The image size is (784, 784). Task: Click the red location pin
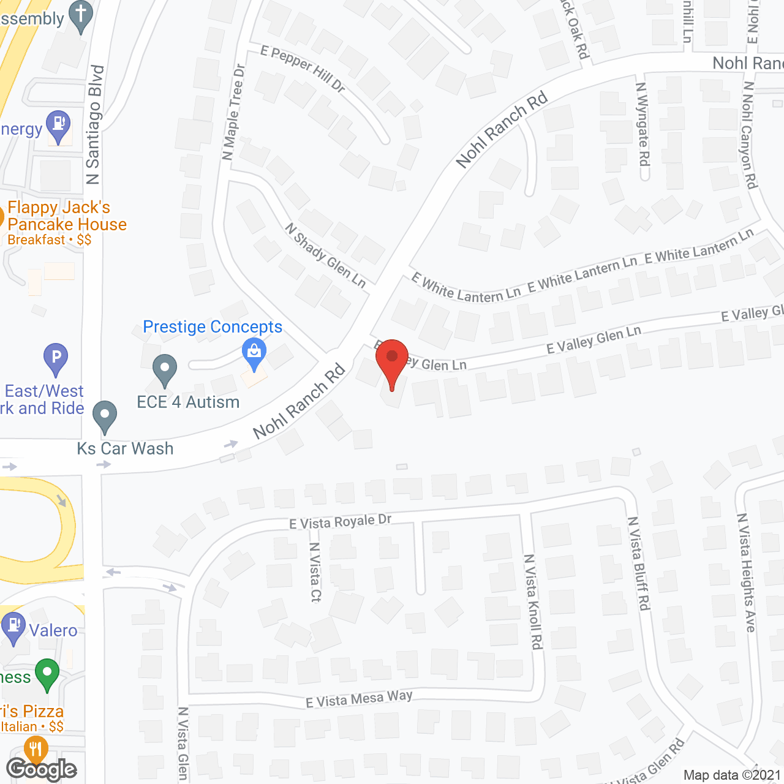click(x=391, y=358)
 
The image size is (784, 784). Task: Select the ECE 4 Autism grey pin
click(x=164, y=369)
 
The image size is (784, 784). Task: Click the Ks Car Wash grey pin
click(x=105, y=416)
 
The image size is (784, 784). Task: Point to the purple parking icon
click(x=56, y=358)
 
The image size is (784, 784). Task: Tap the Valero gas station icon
click(x=14, y=627)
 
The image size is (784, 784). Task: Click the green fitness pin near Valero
click(x=47, y=673)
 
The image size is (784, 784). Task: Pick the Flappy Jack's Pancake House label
click(x=66, y=216)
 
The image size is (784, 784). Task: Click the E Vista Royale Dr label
click(x=340, y=521)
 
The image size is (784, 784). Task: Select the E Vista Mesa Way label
click(x=359, y=698)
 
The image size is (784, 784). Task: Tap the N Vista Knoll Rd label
click(x=533, y=601)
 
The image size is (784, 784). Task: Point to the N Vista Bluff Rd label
click(x=638, y=563)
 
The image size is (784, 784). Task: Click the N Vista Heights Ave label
click(x=746, y=572)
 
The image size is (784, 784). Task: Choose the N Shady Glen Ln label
click(x=325, y=255)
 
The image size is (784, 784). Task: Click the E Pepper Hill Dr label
click(x=303, y=68)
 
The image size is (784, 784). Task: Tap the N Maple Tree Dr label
click(x=233, y=112)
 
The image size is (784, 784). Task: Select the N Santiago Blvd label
click(x=94, y=125)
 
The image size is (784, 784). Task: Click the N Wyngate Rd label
click(x=643, y=124)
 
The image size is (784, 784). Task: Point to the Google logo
click(x=42, y=769)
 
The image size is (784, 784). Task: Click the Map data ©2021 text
click(x=732, y=775)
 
